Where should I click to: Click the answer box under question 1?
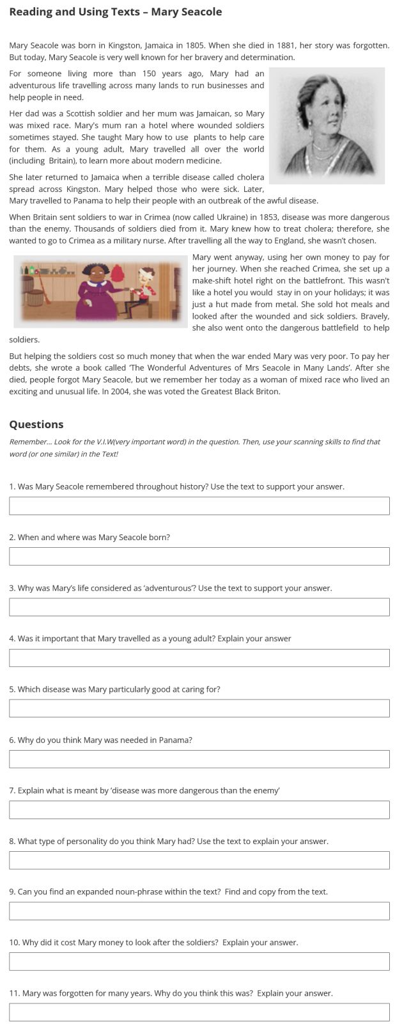tap(199, 506)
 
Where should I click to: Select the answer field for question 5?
tap(199, 708)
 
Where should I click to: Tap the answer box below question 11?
tap(199, 1012)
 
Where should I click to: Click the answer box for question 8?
tap(199, 860)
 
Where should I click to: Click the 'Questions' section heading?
tap(36, 424)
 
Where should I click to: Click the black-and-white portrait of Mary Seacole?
tap(326, 125)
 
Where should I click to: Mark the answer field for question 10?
tap(199, 961)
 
